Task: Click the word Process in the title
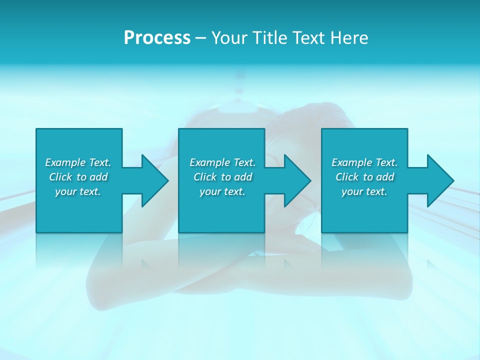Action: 157,38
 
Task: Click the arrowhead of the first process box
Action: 153,180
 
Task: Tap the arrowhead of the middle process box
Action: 296,180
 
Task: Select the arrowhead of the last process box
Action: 439,180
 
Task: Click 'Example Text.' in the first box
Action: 78,162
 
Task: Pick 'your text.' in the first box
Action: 78,191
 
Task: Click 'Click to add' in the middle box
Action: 222,177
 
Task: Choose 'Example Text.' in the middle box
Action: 222,162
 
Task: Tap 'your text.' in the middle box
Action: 222,191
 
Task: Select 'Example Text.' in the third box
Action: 364,162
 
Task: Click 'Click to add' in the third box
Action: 364,177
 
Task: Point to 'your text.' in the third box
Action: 364,191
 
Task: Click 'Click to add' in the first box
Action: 78,177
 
